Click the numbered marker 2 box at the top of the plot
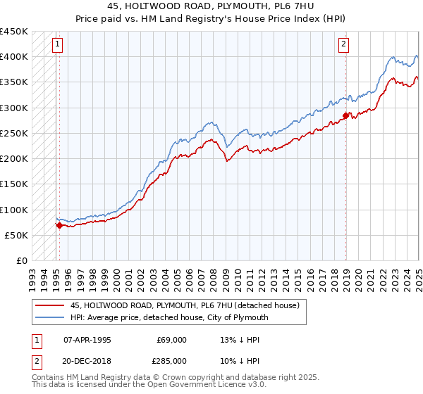coord(343,44)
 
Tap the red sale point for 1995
coord(59,225)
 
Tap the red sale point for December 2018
coord(346,115)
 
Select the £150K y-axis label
coord(14,184)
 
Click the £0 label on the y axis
coord(22,260)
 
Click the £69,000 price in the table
coord(171,340)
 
